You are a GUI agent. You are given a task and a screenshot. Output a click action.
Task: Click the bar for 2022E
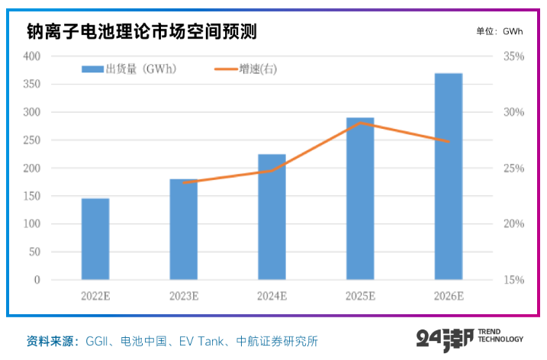tap(95, 239)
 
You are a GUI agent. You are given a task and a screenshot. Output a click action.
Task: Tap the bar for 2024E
tap(272, 217)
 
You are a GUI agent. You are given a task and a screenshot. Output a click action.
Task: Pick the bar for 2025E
tap(360, 198)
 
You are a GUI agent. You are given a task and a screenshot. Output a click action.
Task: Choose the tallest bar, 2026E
tap(449, 176)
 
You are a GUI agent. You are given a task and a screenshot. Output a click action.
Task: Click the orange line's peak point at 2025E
tap(360, 123)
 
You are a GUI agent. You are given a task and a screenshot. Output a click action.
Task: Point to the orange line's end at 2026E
tap(449, 141)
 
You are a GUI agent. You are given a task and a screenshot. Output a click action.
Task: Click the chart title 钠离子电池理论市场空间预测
tap(141, 31)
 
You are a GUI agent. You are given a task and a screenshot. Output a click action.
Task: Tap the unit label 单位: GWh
tap(499, 31)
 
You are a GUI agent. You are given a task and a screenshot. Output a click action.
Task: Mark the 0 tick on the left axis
tap(36, 280)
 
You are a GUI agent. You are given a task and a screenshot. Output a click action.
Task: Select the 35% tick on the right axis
tap(514, 56)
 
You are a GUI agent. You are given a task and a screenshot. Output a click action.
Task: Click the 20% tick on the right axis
tap(514, 224)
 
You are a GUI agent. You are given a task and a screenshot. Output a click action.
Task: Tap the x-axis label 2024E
tap(272, 296)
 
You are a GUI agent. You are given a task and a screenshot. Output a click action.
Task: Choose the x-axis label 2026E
tap(449, 296)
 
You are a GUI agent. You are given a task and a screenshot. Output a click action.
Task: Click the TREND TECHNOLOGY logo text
tap(502, 336)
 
